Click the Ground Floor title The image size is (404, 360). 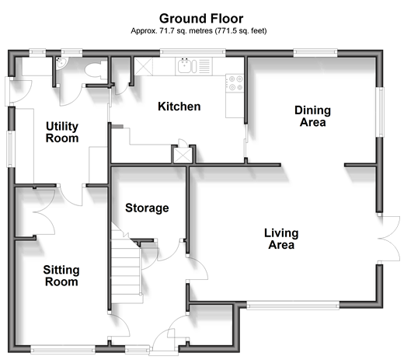pos(201,19)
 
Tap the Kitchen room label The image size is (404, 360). pos(179,107)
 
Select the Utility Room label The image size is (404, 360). pos(62,132)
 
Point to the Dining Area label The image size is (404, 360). pos(312,116)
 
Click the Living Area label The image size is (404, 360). pos(281,239)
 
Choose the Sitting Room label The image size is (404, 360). pos(61,276)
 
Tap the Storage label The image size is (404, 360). pos(147,208)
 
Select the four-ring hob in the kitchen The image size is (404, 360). pos(235,83)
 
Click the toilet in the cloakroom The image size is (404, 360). pos(96,70)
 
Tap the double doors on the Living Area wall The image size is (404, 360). pos(388,239)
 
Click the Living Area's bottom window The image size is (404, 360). pos(293,306)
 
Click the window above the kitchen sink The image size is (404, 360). pos(193,53)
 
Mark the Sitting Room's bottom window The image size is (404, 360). pos(63,349)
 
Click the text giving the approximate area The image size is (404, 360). pos(199,31)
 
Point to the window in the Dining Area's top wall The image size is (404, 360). pos(315,53)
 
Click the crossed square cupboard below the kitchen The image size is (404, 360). pos(183,155)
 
